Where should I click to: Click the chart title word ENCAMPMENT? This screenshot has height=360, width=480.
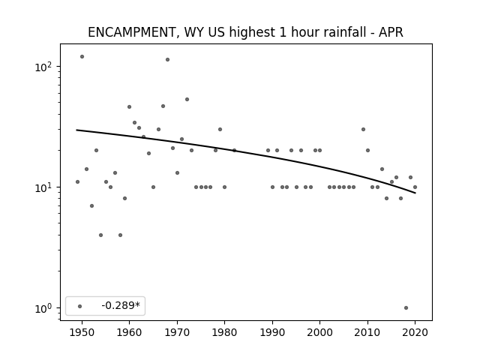pos(131,32)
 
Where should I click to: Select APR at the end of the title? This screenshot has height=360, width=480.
pos(391,32)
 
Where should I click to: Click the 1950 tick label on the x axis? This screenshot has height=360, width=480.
pos(82,332)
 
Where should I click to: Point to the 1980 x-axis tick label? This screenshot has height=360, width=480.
pos(224,332)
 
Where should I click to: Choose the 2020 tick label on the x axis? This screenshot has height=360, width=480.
pos(415,332)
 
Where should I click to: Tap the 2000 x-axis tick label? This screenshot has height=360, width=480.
pos(319,332)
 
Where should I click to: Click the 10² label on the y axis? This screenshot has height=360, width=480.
pos(43,67)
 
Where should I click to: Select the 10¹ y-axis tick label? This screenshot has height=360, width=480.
pos(43,187)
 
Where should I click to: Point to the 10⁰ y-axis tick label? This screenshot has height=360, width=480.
pos(43,308)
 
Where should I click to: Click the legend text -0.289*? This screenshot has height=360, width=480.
pos(121,305)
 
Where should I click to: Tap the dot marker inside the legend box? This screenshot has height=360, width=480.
pos(80,306)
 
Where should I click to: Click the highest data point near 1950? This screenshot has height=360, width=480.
pos(82,57)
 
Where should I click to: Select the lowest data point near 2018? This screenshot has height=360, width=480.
pos(406,308)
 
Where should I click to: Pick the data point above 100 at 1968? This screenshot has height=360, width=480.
pos(167,60)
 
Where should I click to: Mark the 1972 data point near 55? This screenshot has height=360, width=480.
pos(187,100)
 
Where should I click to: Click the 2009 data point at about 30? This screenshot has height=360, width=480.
pos(363,130)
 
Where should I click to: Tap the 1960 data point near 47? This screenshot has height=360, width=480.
pos(130,106)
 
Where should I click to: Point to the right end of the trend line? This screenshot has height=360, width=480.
pos(415,193)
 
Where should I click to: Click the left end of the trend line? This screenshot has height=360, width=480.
pos(76,130)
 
